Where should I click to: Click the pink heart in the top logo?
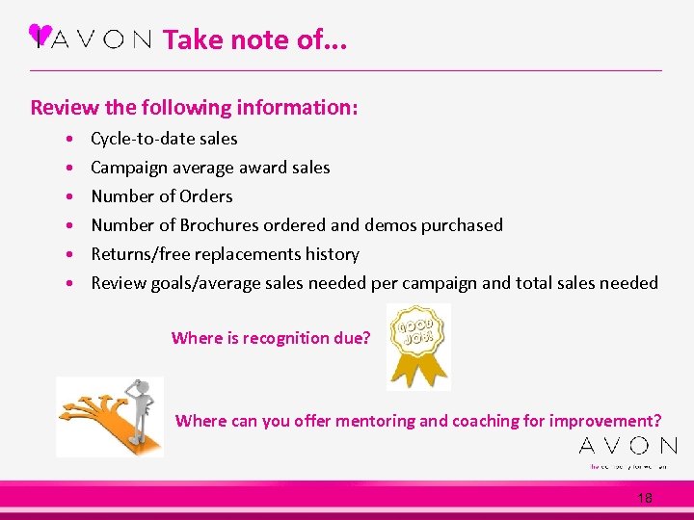click(x=40, y=34)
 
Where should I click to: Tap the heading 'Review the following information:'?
click(x=194, y=107)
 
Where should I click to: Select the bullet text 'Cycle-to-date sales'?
click(x=164, y=139)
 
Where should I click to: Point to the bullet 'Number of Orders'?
click(x=162, y=196)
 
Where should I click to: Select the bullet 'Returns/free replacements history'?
click(x=225, y=254)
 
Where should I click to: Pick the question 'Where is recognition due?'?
click(x=270, y=338)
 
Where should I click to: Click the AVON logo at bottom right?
click(x=627, y=446)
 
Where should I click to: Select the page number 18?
click(x=645, y=498)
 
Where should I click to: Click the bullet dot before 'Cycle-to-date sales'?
click(x=72, y=140)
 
